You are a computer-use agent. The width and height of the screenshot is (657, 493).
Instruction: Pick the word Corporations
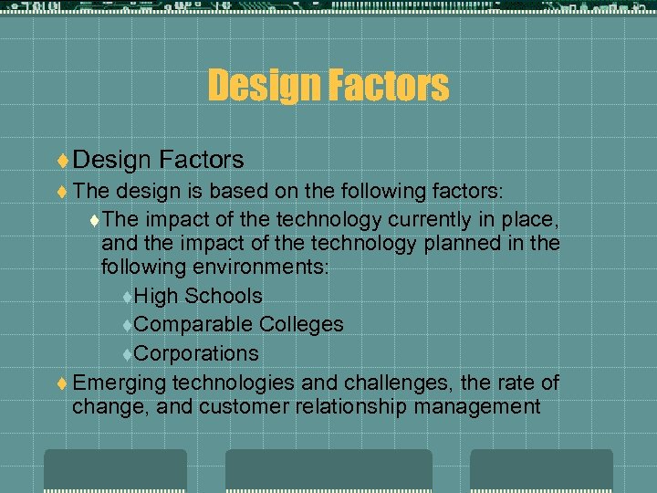[x=196, y=353]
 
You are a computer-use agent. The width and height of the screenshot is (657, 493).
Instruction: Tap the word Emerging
[x=118, y=383]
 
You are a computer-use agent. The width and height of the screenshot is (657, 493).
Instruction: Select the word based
[x=236, y=191]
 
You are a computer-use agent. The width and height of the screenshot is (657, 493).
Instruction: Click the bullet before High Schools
[x=127, y=297]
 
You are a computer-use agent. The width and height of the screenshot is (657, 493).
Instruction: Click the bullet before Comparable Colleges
[x=127, y=325]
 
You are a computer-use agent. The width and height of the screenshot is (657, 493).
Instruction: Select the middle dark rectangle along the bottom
[x=328, y=471]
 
